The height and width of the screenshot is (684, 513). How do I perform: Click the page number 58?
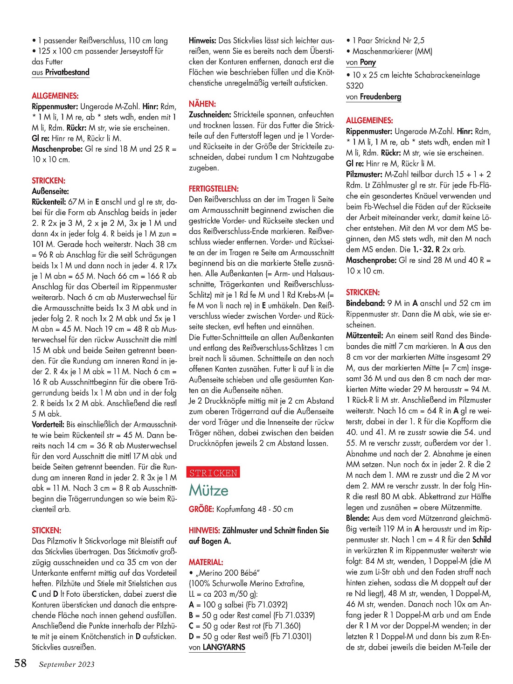pyautogui.click(x=20, y=663)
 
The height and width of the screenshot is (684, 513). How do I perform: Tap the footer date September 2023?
pyautogui.click(x=67, y=664)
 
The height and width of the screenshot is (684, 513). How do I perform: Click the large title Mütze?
pyautogui.click(x=208, y=490)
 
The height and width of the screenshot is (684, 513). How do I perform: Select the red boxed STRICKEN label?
pyautogui.click(x=213, y=473)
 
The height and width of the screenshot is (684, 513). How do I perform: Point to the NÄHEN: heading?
pyautogui.click(x=202, y=104)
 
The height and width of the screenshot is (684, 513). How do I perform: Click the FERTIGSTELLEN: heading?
pyautogui.click(x=214, y=188)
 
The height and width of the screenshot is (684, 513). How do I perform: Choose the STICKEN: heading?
pyautogui.click(x=46, y=530)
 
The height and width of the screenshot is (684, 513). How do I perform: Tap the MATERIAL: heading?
pyautogui.click(x=206, y=562)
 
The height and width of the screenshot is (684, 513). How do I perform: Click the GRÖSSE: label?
pyautogui.click(x=201, y=509)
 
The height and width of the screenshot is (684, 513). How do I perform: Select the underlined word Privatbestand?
pyautogui.click(x=67, y=72)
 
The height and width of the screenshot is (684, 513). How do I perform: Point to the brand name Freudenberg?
pyautogui.click(x=380, y=97)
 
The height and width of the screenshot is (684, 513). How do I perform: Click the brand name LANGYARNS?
pyautogui.click(x=224, y=647)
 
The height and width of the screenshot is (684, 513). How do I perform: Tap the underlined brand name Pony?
pyautogui.click(x=367, y=62)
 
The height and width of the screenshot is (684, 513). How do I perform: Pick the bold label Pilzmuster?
pyautogui.click(x=364, y=174)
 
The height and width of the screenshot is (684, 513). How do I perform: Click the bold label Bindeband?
pyautogui.click(x=365, y=303)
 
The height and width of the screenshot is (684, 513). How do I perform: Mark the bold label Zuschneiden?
pyautogui.click(x=210, y=114)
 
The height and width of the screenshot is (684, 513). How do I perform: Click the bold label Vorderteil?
pyautogui.click(x=48, y=424)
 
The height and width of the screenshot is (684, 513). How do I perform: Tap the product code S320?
pyautogui.click(x=354, y=85)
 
